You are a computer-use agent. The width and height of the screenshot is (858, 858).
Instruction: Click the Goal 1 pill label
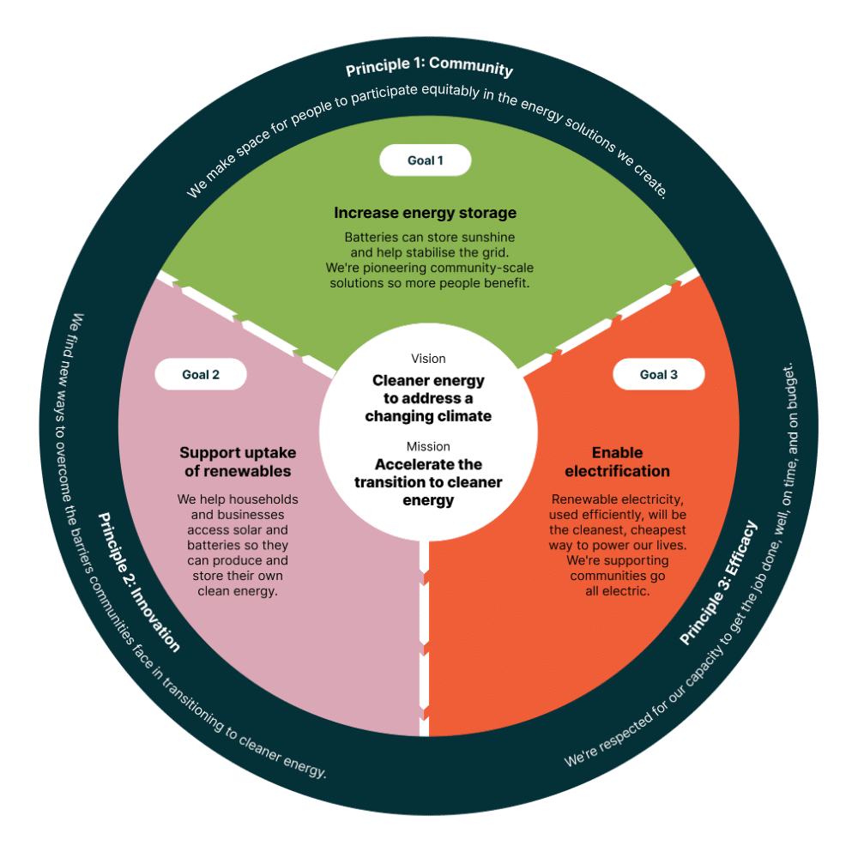coord(426,160)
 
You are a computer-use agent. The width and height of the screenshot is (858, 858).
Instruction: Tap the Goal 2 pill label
coord(201,374)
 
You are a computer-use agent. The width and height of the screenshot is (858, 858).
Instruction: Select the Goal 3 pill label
coord(659,374)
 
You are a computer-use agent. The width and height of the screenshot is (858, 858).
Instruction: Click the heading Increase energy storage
coord(426,213)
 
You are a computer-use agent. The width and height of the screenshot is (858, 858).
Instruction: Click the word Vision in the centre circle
coord(428,359)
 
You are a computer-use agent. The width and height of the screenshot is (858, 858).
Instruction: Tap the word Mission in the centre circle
coord(428,446)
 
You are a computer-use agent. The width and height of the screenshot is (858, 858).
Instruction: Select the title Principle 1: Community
coord(429,69)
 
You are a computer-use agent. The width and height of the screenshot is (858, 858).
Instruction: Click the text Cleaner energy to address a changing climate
coord(428,398)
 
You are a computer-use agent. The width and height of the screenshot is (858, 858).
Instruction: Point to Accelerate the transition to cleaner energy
coord(428,482)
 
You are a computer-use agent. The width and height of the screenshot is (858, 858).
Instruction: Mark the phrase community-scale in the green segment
coord(492,268)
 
